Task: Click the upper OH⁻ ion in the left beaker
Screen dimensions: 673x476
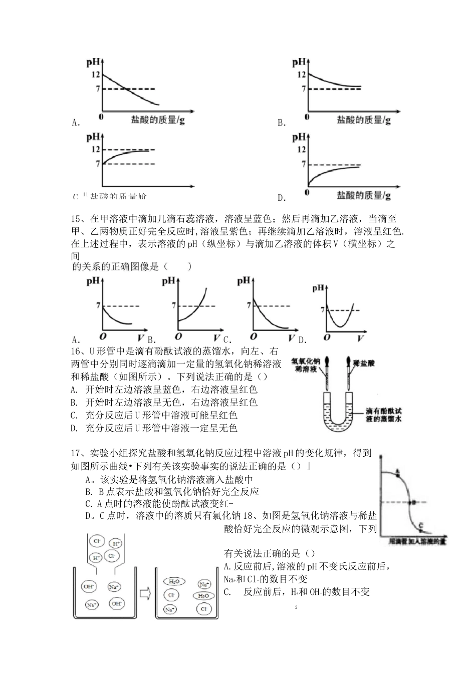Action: [x=90, y=586]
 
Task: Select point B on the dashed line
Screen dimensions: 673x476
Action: [x=413, y=502]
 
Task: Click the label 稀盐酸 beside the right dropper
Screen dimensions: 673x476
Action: [x=364, y=362]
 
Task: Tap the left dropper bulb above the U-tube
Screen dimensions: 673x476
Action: [x=326, y=361]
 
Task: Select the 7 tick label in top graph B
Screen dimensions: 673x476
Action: [x=303, y=89]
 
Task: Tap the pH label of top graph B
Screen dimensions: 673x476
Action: [x=299, y=62]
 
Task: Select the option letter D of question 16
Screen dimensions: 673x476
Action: [x=74, y=428]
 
